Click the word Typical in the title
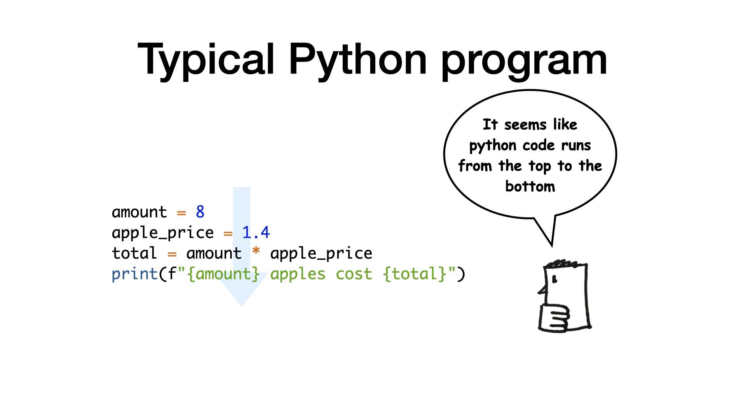tap(206, 61)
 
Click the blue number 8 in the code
tap(200, 212)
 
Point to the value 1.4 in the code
tap(256, 233)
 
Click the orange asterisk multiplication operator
tap(256, 251)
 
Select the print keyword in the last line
tap(134, 274)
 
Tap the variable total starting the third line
tap(134, 253)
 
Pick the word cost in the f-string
tap(354, 274)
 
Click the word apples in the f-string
tap(298, 275)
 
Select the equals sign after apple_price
tap(228, 234)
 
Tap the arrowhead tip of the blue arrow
tap(242, 306)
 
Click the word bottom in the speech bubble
tap(530, 186)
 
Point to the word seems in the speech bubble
tap(525, 125)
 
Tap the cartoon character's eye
tap(554, 279)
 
